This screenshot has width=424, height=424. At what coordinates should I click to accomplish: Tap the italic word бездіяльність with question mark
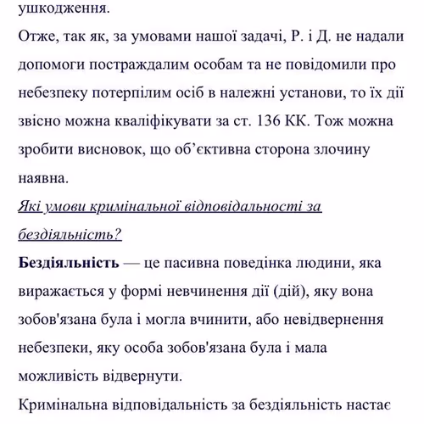(70, 232)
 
